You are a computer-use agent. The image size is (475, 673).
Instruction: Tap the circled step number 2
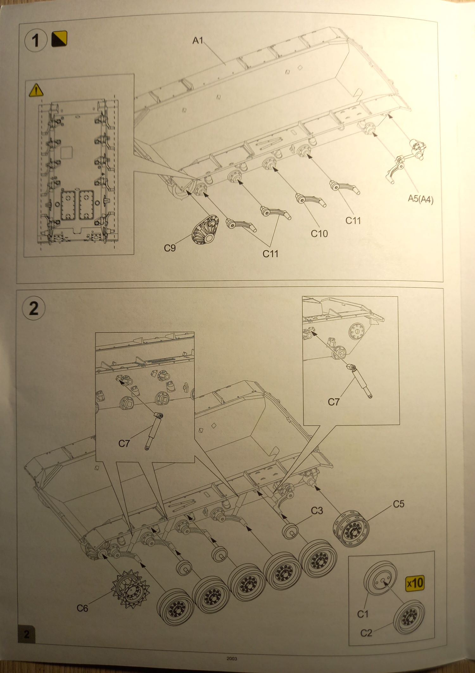tap(34, 308)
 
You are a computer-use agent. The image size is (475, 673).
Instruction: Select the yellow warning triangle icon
tap(36, 90)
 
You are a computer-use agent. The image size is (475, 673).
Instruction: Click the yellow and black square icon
tap(59, 39)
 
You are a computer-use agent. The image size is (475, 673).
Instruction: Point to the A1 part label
tap(198, 40)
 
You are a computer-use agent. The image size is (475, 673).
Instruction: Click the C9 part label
tap(170, 248)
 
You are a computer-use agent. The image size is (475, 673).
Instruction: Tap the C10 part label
tap(319, 234)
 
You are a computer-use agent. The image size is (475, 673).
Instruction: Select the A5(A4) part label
tap(421, 199)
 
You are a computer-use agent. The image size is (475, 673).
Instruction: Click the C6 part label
tap(82, 608)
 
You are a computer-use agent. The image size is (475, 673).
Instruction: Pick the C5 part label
tap(398, 504)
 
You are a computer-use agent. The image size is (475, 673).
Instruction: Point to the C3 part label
tap(317, 510)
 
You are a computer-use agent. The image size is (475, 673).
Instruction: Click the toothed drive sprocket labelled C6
tap(130, 589)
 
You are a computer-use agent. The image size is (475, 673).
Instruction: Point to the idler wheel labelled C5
tap(351, 528)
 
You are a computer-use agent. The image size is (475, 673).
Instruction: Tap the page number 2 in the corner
tap(27, 634)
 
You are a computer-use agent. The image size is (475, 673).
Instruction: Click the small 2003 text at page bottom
tap(232, 658)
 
